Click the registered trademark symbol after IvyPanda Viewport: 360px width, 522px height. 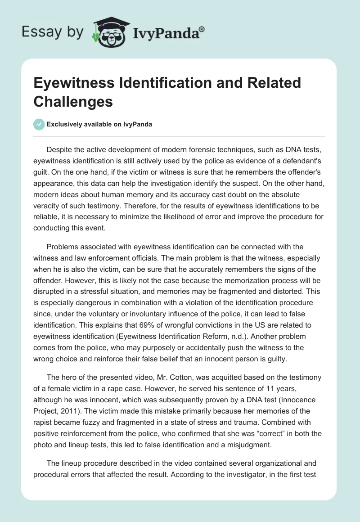[x=202, y=29]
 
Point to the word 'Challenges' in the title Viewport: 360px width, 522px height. [x=73, y=101]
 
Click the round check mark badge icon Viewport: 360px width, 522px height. [x=39, y=124]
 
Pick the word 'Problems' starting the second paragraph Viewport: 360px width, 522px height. [x=62, y=247]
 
